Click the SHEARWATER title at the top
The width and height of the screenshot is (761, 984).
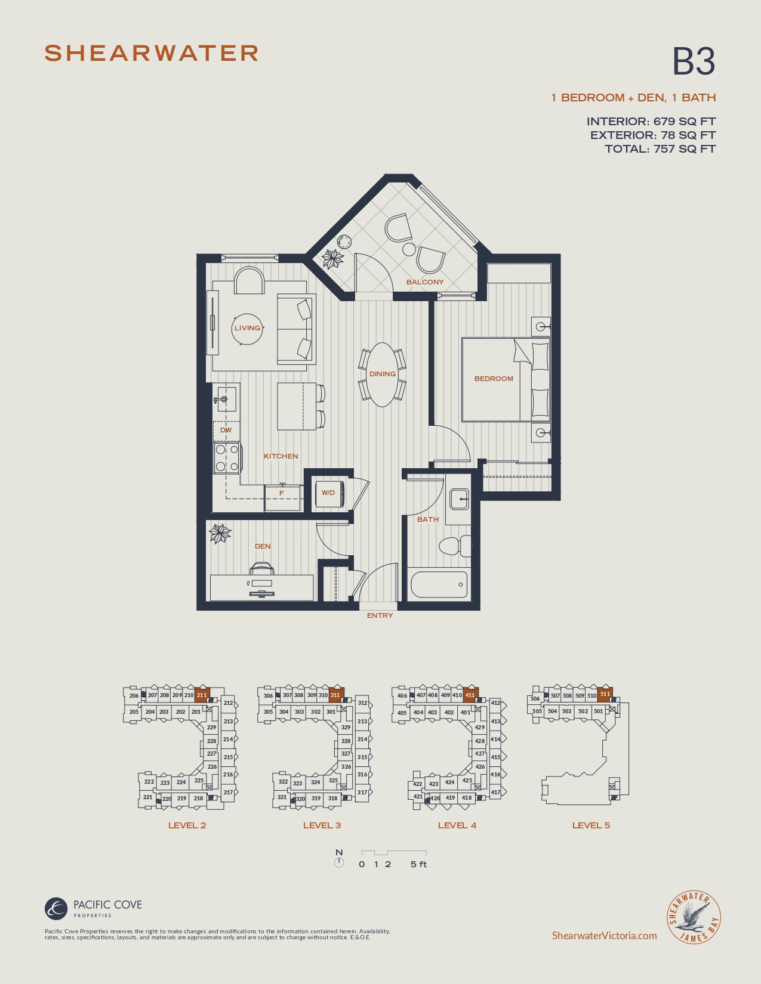pyautogui.click(x=152, y=54)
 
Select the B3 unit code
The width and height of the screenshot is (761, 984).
pyautogui.click(x=694, y=61)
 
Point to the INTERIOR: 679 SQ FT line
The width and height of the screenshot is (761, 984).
pyautogui.click(x=651, y=121)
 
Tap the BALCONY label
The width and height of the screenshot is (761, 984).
pyautogui.click(x=425, y=281)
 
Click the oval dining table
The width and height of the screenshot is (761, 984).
pyautogui.click(x=383, y=375)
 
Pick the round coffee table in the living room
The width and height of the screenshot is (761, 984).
pyautogui.click(x=248, y=329)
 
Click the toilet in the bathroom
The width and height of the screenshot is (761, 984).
pyautogui.click(x=455, y=546)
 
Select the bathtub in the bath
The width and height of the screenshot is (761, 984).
pyautogui.click(x=439, y=584)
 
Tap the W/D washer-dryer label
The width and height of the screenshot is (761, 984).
pyautogui.click(x=328, y=493)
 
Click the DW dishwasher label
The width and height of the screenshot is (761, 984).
pyautogui.click(x=226, y=430)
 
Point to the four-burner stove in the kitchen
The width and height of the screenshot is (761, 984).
pyautogui.click(x=227, y=458)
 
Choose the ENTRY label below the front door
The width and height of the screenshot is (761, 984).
pyautogui.click(x=380, y=615)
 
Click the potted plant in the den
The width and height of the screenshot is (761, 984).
pyautogui.click(x=220, y=533)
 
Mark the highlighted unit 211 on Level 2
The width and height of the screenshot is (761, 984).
pyautogui.click(x=202, y=695)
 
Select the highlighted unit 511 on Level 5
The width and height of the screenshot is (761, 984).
pyautogui.click(x=605, y=694)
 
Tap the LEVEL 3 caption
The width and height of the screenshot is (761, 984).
pyautogui.click(x=322, y=825)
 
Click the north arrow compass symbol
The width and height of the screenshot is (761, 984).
pyautogui.click(x=339, y=863)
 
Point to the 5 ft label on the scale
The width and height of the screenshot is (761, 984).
pyautogui.click(x=419, y=864)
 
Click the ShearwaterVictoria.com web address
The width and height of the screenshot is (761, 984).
pyautogui.click(x=604, y=935)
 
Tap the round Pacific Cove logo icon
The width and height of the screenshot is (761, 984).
pyautogui.click(x=56, y=908)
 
